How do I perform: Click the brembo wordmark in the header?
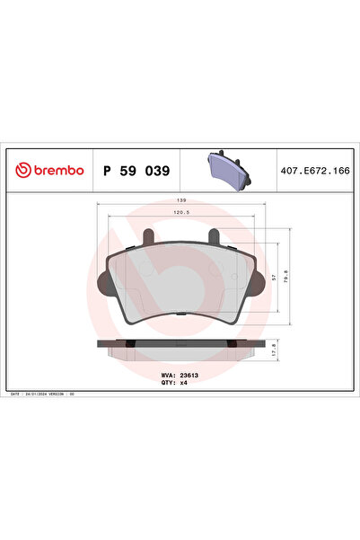(58, 170)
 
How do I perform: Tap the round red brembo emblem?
(22, 170)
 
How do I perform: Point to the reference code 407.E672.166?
(313, 170)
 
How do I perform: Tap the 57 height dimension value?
(273, 278)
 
